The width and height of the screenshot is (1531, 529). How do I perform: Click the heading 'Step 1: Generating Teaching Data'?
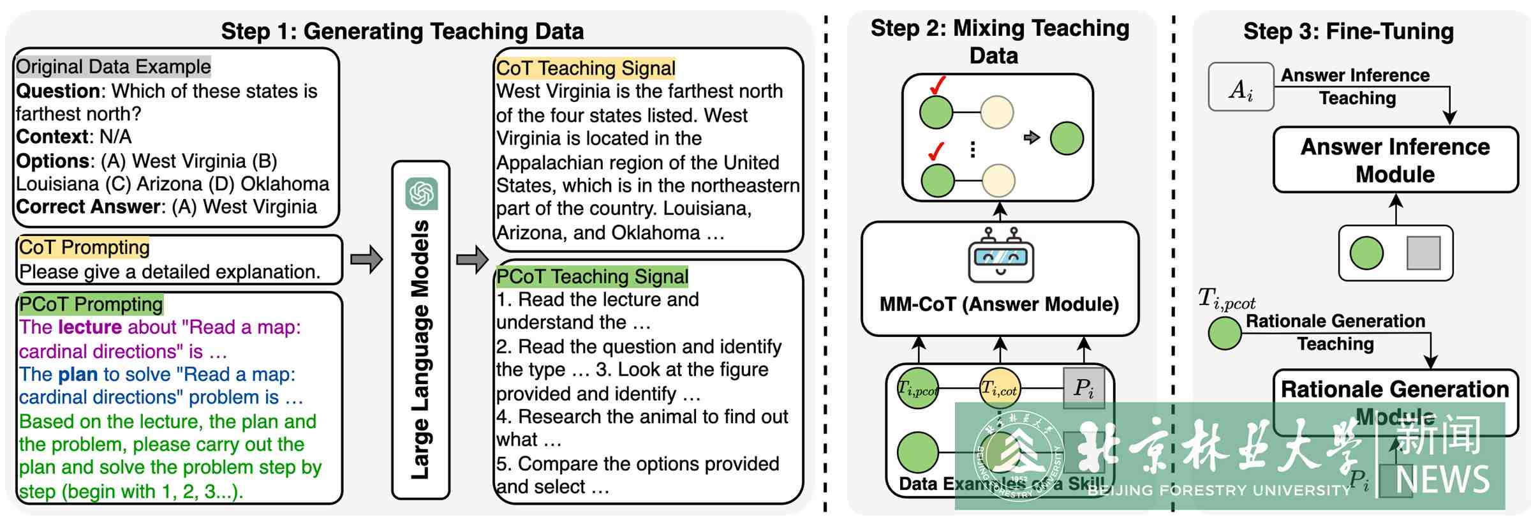[x=402, y=31]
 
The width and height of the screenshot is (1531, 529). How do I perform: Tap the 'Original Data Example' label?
[x=113, y=66]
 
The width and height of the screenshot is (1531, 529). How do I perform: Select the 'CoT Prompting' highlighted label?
[x=84, y=247]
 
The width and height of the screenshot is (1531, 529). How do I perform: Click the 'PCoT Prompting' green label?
[x=91, y=304]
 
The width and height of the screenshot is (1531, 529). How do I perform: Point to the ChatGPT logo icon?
[x=422, y=193]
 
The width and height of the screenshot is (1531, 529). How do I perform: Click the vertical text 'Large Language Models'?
[x=420, y=350]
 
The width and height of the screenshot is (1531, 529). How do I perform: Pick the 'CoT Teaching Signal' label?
[x=585, y=68]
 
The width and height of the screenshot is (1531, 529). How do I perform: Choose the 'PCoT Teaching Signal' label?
[x=592, y=276]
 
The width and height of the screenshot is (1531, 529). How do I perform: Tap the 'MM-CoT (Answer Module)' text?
[x=999, y=304]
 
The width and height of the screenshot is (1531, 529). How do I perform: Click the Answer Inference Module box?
[x=1395, y=160]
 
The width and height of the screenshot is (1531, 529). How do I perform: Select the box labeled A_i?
[x=1241, y=87]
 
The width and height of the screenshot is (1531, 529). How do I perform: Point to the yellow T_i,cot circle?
[x=1000, y=388]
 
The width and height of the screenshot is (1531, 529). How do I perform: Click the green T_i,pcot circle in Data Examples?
[x=918, y=388]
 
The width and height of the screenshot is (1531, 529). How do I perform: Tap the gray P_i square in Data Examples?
[x=1084, y=388]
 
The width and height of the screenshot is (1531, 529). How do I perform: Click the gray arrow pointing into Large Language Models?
[x=366, y=259]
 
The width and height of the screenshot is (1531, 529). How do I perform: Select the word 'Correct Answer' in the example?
[x=88, y=207]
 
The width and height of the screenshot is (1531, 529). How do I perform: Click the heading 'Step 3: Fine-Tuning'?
[x=1348, y=31]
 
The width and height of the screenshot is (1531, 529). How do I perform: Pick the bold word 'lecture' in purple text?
[x=89, y=327]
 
